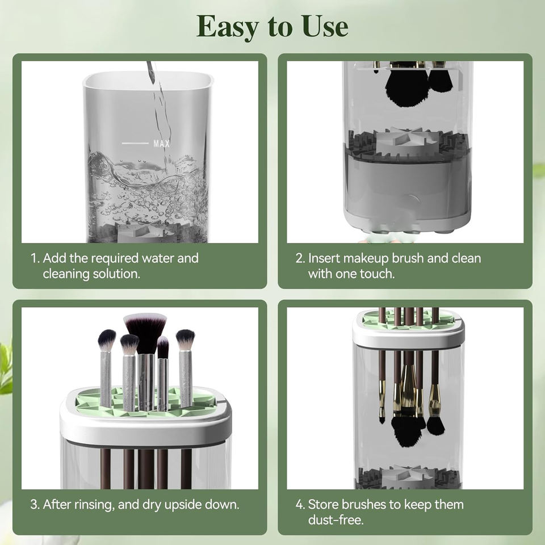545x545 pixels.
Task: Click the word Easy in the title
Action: pos(228,27)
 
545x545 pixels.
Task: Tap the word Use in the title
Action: pos(325,27)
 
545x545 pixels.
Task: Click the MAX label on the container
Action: pos(162,143)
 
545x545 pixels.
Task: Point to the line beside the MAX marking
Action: pos(135,143)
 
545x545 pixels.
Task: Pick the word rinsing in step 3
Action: pos(95,505)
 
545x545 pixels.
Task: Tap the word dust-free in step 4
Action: pos(336,520)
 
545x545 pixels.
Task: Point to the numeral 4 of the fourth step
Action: pos(300,505)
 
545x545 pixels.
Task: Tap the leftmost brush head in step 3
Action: pos(107,341)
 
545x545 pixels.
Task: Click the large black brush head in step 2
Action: pos(406,86)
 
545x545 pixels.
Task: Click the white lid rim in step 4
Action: pos(408,334)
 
